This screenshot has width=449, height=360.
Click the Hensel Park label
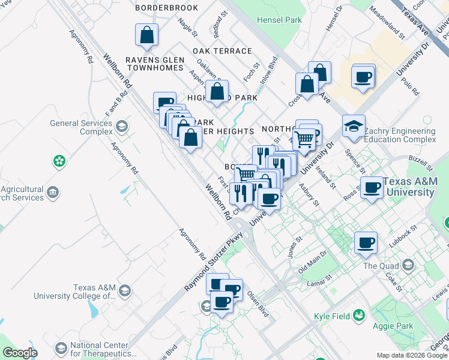pos(279,20)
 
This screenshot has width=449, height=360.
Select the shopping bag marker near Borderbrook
pos(146,37)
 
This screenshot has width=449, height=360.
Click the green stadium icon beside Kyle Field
pos(359,314)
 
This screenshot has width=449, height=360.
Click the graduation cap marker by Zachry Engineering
pos(354,127)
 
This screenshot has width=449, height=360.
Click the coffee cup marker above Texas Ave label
pos(364,77)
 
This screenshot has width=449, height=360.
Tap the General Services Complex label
pos(81,127)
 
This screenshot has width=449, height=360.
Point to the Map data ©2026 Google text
pos(412,355)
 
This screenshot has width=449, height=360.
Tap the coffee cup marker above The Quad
pos(366,244)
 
